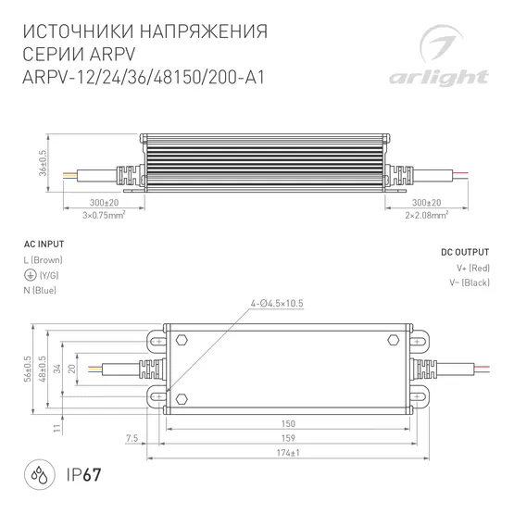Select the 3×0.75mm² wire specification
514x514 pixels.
click(x=105, y=214)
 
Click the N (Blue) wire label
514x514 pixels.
click(x=40, y=291)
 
